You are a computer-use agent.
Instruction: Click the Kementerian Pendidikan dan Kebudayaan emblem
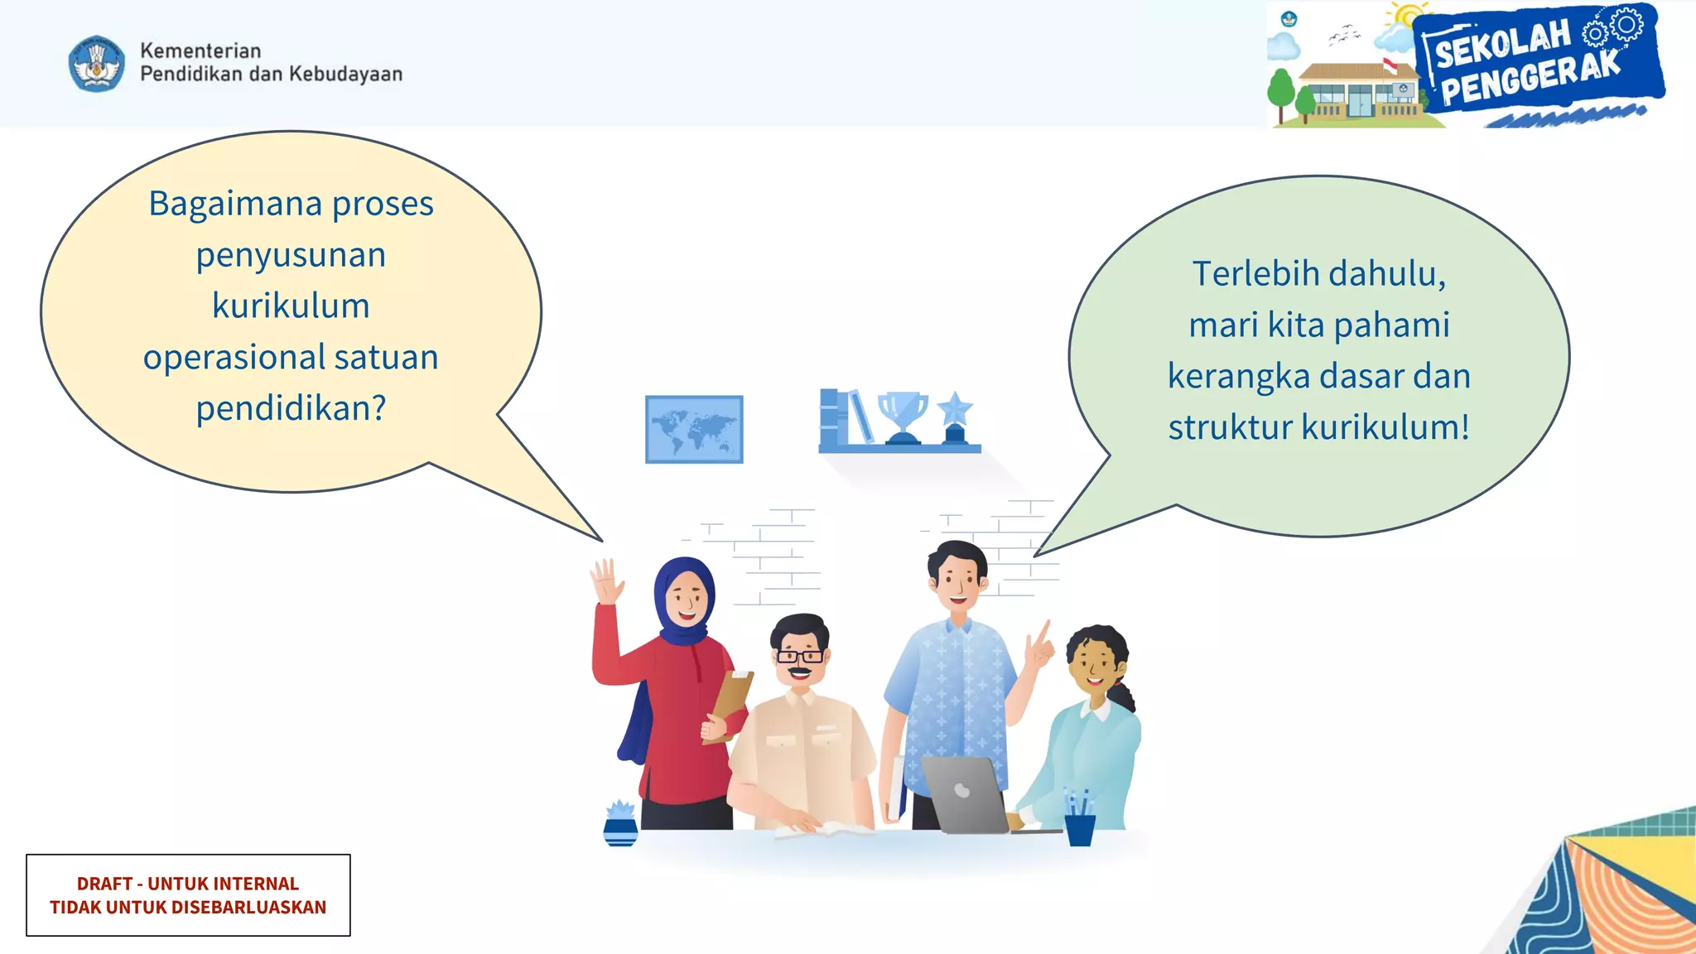click(97, 63)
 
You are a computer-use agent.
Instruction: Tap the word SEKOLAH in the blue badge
click(1502, 45)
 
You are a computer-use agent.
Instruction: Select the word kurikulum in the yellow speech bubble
click(291, 306)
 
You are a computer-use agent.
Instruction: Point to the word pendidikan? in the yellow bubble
click(291, 408)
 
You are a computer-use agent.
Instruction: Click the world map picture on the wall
click(694, 429)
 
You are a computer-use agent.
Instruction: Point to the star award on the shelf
click(955, 417)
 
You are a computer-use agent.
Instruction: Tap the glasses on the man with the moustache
click(799, 657)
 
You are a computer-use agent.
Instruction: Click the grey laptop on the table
click(965, 795)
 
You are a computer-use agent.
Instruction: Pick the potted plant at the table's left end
click(620, 823)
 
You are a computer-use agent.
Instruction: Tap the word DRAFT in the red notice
click(104, 884)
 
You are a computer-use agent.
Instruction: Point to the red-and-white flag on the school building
click(1390, 65)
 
